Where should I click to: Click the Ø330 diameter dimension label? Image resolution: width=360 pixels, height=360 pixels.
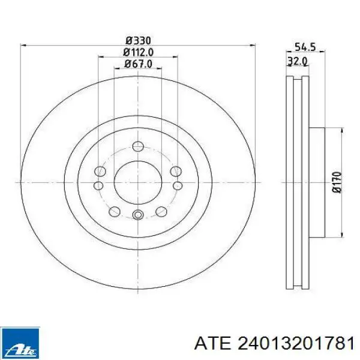coord(138,41)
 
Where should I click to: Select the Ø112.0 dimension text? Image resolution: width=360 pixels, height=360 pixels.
coord(138,52)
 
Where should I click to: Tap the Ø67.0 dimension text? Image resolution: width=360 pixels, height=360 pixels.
coord(138,64)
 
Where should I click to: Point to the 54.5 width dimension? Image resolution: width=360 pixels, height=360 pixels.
coord(305,47)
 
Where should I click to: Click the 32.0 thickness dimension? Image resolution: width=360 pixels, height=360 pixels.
coord(298,62)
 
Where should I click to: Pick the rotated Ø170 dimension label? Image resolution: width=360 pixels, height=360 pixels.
coord(337,182)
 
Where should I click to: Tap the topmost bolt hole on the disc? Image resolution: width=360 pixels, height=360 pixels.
coord(138,146)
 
